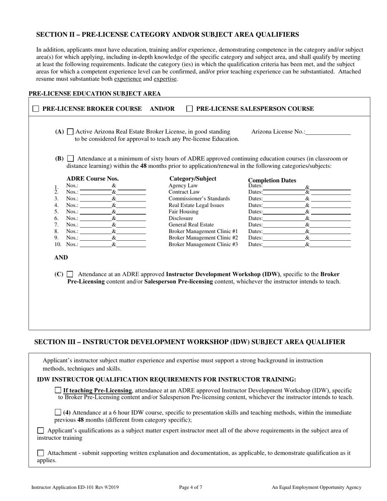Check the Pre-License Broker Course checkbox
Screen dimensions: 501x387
(x=36, y=109)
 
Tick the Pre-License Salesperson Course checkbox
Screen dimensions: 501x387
(x=189, y=109)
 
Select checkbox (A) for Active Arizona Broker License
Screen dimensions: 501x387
(x=70, y=132)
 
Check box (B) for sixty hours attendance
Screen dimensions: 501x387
(x=70, y=159)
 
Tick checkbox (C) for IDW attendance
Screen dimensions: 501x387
(x=70, y=275)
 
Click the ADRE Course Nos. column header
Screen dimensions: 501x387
(x=92, y=178)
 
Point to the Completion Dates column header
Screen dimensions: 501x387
(x=272, y=180)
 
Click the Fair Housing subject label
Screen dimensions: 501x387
(x=183, y=212)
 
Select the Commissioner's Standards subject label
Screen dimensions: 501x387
(x=199, y=199)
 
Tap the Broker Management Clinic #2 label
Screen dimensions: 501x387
(x=203, y=238)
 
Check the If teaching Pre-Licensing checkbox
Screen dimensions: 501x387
(x=58, y=390)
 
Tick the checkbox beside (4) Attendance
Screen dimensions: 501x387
(x=58, y=413)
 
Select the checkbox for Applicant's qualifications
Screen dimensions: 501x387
(x=40, y=431)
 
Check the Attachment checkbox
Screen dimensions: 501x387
(x=40, y=453)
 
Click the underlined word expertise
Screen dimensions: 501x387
(x=165, y=79)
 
